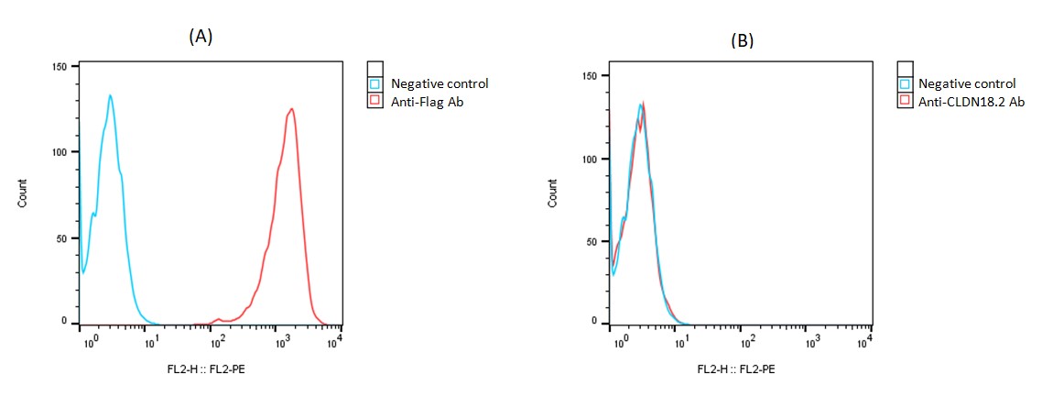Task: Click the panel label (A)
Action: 201,36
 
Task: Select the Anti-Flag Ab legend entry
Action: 427,102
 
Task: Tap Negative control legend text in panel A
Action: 440,84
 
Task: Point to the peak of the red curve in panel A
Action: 291,109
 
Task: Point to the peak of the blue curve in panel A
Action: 110,95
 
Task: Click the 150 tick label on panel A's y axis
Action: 60,67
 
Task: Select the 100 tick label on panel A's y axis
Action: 60,152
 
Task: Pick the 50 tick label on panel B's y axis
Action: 592,241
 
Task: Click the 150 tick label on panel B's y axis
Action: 591,76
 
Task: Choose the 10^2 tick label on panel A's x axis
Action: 218,341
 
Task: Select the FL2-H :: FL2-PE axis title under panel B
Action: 736,369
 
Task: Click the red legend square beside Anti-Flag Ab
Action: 374,102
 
